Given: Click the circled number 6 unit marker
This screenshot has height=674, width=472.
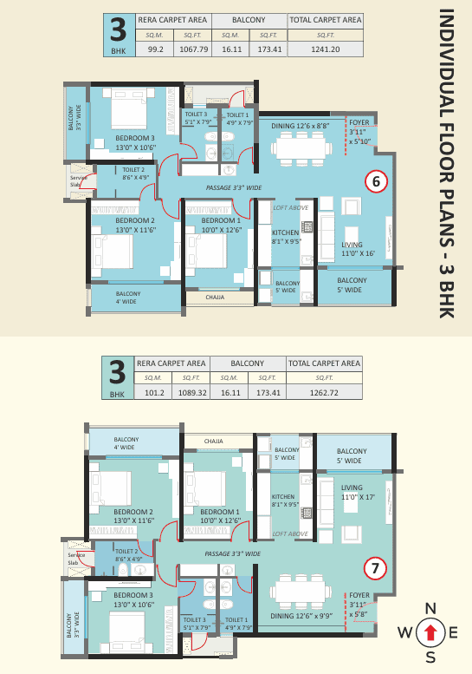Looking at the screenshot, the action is click(x=376, y=181).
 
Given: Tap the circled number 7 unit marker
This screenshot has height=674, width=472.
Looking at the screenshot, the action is click(x=375, y=568).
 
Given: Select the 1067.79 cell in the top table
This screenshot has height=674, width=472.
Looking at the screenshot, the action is click(x=193, y=49).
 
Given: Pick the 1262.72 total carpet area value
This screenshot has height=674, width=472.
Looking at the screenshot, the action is click(x=324, y=392).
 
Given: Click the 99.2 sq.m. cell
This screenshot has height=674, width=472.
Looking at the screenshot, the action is click(x=155, y=49).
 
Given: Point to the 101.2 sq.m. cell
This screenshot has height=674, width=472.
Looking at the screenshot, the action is click(x=154, y=392).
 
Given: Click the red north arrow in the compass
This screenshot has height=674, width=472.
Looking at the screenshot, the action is click(x=430, y=632).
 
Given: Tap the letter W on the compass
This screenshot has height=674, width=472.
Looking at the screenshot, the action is click(x=405, y=632).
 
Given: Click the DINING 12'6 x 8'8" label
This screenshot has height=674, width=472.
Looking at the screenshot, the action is click(x=300, y=126).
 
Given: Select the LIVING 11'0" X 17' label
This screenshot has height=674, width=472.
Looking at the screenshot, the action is click(x=358, y=492).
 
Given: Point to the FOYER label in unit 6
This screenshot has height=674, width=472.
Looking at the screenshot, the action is click(x=359, y=122).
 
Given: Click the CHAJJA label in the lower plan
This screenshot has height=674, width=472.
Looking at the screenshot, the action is click(x=214, y=441).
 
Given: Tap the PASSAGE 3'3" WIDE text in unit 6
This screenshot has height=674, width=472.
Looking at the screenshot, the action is click(x=234, y=188).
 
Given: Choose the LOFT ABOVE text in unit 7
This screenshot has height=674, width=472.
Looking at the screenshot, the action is click(x=290, y=533).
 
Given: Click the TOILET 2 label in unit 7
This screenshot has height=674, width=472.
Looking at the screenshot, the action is click(x=126, y=551).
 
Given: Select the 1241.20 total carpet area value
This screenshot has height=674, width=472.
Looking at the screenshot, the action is click(x=326, y=49).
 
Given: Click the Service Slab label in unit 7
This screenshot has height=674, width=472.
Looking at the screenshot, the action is click(x=76, y=559).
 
